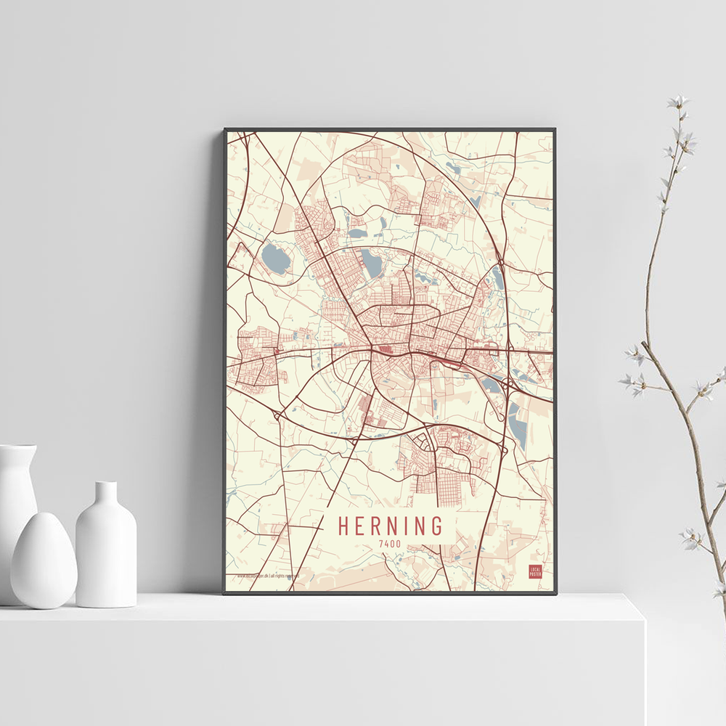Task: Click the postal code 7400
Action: point(389,542)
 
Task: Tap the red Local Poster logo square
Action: point(535,571)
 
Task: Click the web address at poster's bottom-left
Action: point(269,577)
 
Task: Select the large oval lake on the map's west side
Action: point(275,258)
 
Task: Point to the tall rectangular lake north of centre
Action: point(371,264)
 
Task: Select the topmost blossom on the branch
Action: point(679,102)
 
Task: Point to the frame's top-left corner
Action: point(225,130)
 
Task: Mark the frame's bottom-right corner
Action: point(555,593)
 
